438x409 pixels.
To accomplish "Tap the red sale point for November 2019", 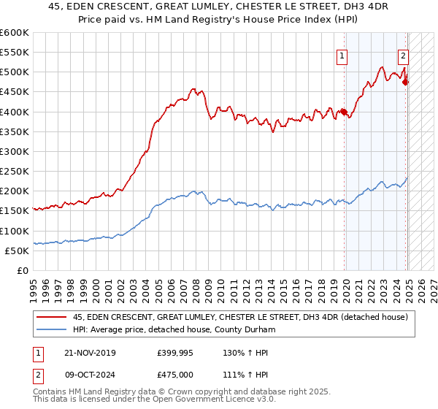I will [343, 112].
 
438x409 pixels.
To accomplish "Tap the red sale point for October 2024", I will [406, 82].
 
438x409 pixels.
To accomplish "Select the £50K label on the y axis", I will [17, 251].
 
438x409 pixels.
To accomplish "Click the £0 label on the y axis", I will [22, 270].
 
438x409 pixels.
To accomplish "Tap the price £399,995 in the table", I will [175, 353].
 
